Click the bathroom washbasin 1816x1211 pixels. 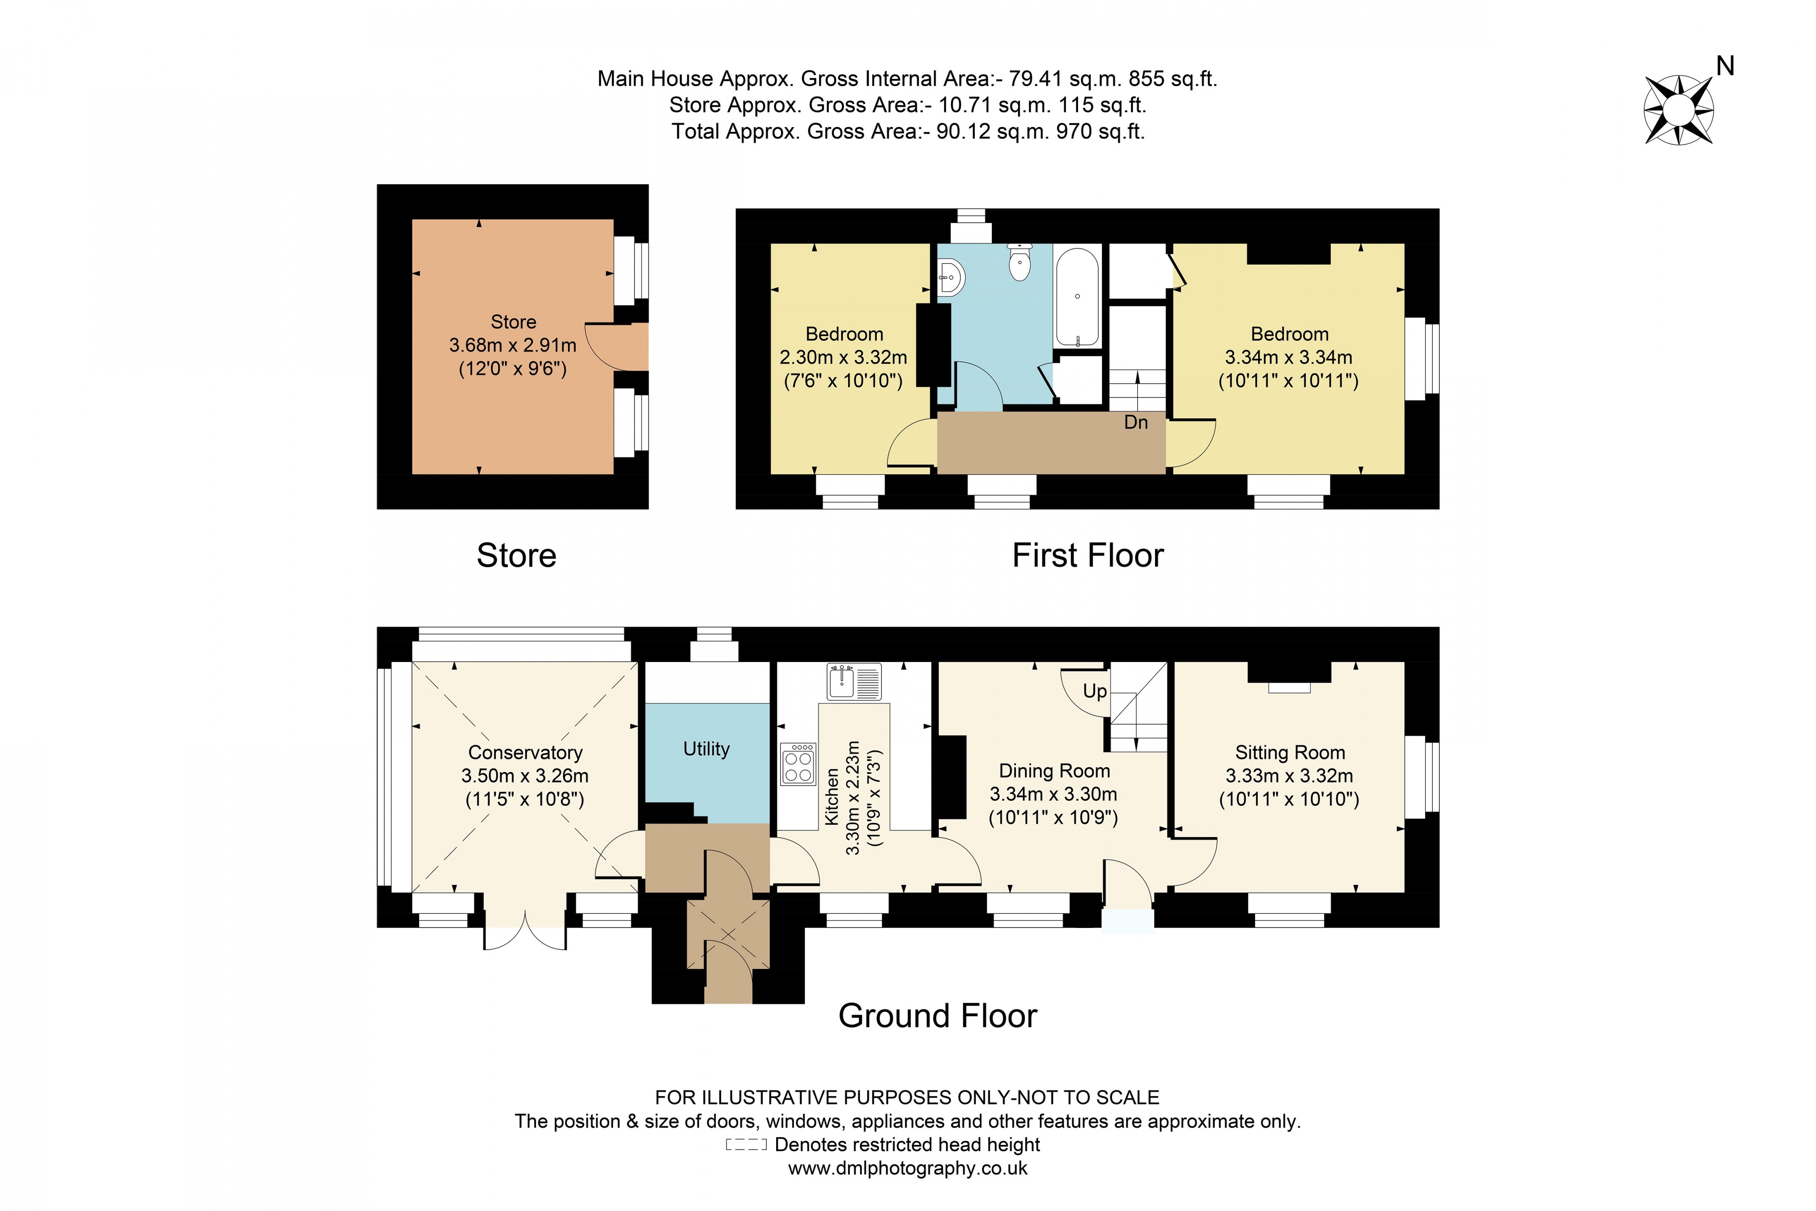951,277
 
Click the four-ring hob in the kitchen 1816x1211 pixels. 798,764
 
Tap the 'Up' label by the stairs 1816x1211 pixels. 1095,691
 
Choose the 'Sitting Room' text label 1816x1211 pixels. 1289,752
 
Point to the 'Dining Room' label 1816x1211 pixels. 1054,771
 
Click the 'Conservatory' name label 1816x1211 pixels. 525,752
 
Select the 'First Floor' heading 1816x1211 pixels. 1087,555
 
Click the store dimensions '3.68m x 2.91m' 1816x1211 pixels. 513,345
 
